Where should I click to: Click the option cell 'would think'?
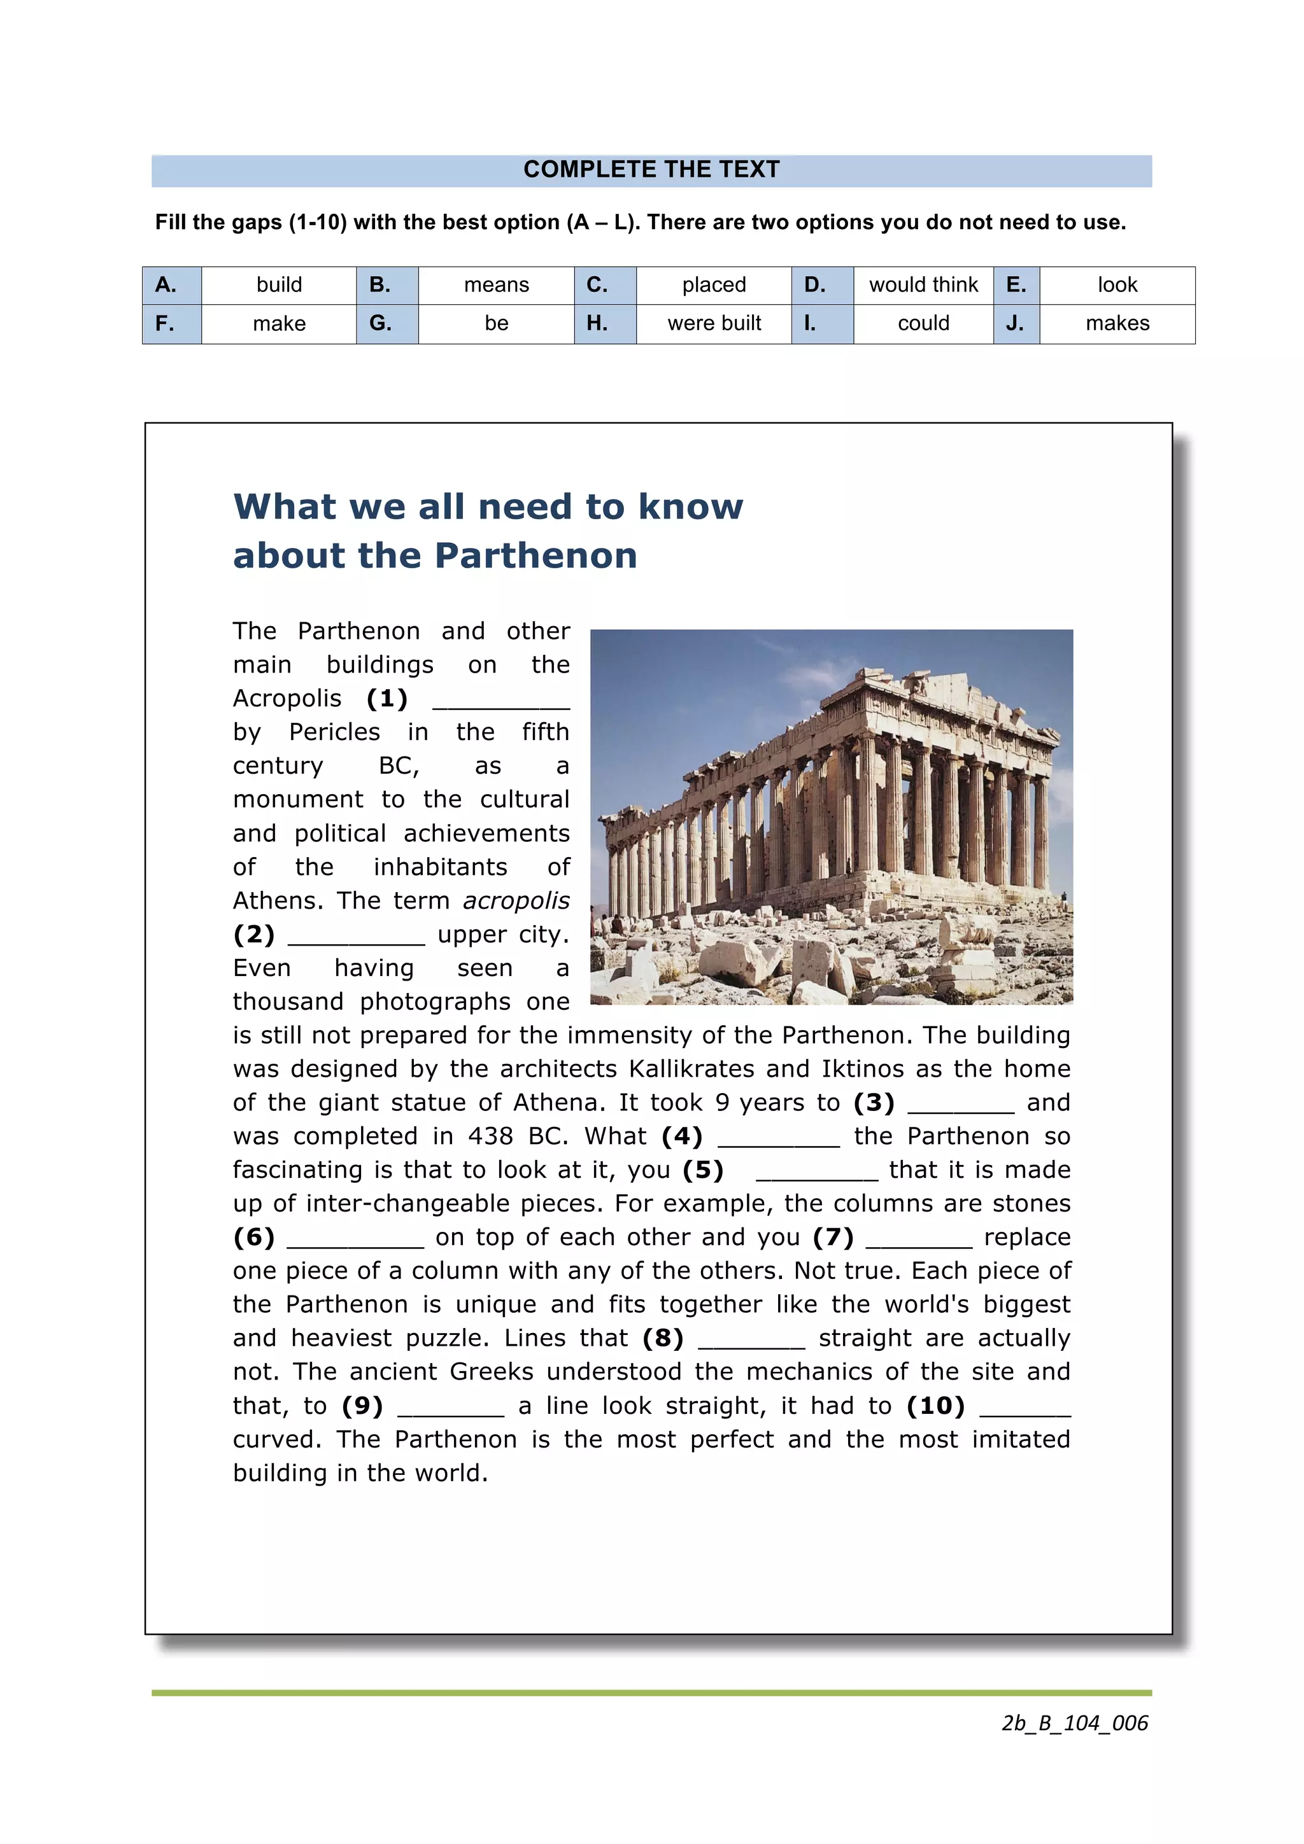point(923,285)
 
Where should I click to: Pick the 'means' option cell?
point(496,285)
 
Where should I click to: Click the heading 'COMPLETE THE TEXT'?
point(651,169)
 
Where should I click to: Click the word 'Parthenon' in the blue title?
point(536,555)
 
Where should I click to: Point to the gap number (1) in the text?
point(386,698)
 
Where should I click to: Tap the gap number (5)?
point(703,1170)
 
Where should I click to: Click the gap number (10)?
point(935,1406)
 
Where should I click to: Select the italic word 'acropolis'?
point(516,900)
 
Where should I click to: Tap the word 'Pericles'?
point(334,732)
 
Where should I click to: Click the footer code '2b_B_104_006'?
point(1074,1722)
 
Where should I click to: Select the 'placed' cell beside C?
point(714,285)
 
